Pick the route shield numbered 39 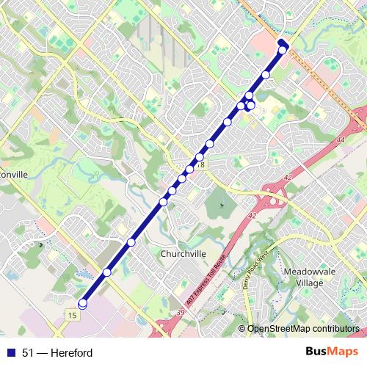(181, 313)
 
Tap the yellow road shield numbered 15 (71, 315)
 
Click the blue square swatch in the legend (9, 353)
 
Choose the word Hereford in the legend (72, 353)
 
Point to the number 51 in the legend (28, 353)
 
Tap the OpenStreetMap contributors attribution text (303, 329)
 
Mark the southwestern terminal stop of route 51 (82, 303)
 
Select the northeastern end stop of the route (282, 49)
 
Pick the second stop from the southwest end (106, 272)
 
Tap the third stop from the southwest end (131, 242)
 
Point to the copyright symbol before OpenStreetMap (243, 329)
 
